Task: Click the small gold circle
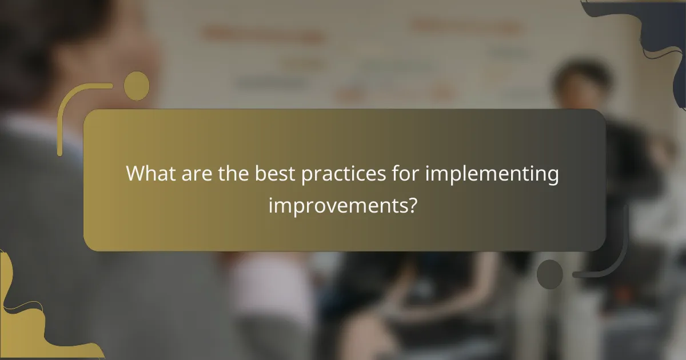pos(137,86)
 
